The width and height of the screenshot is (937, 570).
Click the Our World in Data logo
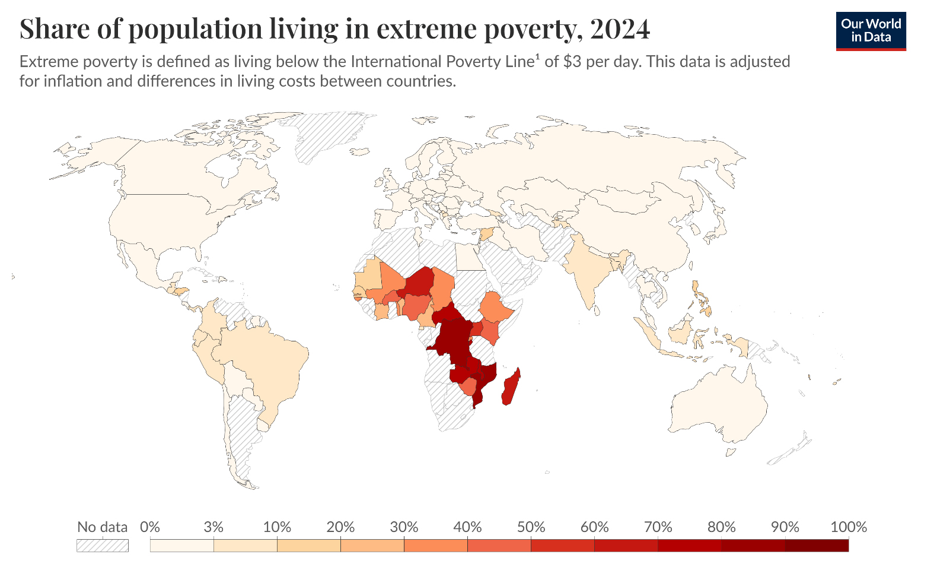[871, 31]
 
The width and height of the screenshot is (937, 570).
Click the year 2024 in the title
[620, 28]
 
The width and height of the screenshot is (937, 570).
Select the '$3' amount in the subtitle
[572, 62]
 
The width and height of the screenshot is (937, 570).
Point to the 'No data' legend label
[102, 527]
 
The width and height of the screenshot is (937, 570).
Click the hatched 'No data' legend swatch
[102, 545]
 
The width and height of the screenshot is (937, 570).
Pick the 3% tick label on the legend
[213, 527]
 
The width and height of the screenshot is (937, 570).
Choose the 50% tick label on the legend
[531, 527]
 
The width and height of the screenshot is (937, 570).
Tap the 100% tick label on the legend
[848, 527]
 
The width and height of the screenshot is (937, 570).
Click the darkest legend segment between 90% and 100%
[817, 545]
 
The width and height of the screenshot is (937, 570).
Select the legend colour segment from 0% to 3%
[181, 545]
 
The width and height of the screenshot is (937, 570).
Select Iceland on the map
[360, 152]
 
